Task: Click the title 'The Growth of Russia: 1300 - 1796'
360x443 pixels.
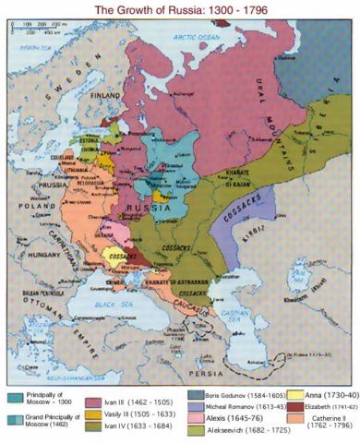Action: pyautogui.click(x=180, y=9)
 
